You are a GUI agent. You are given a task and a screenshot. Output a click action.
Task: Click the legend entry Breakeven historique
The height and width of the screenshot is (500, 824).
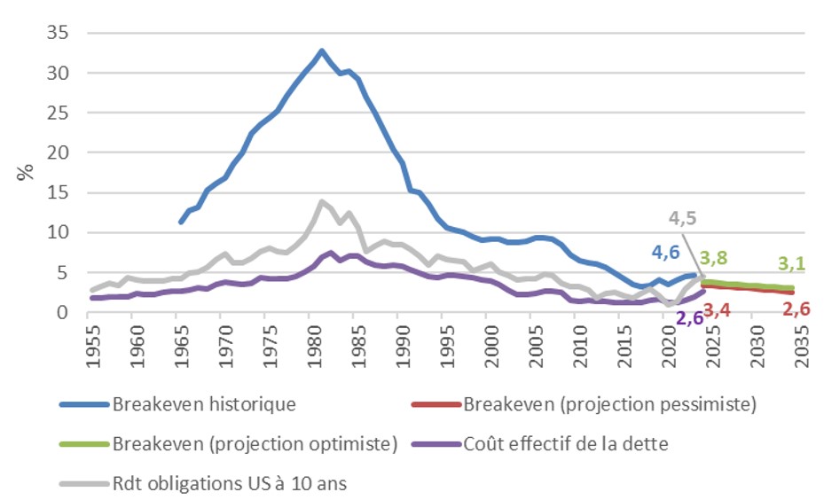[204, 404]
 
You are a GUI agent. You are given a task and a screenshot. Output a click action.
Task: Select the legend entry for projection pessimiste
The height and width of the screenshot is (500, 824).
[609, 404]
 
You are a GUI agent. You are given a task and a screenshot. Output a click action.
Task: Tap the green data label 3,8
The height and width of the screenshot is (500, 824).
[717, 258]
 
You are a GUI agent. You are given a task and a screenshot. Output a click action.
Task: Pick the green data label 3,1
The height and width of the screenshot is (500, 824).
[793, 262]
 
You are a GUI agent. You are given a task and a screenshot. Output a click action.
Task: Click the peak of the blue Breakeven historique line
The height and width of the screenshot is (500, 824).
[321, 51]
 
